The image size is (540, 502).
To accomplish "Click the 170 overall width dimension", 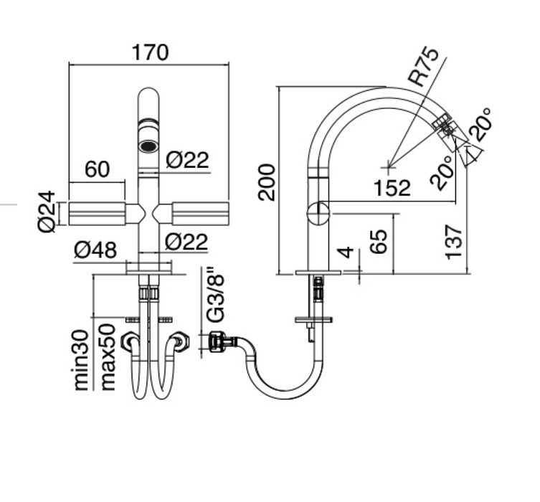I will (x=149, y=53).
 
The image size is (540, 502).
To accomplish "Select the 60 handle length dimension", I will (x=97, y=169).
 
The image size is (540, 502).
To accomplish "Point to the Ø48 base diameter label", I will (x=95, y=250).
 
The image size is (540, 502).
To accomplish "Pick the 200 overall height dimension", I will (x=267, y=182).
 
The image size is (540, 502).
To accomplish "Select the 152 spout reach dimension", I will (x=392, y=188).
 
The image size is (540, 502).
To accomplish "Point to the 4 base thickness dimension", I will (x=346, y=254).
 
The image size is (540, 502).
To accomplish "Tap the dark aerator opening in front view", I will (x=148, y=146).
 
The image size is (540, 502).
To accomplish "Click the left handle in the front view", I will (x=97, y=213).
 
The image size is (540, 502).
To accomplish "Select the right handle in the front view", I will (x=199, y=213).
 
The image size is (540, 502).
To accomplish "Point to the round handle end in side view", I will (x=317, y=213).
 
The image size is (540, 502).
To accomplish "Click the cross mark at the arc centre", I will (x=388, y=166).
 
